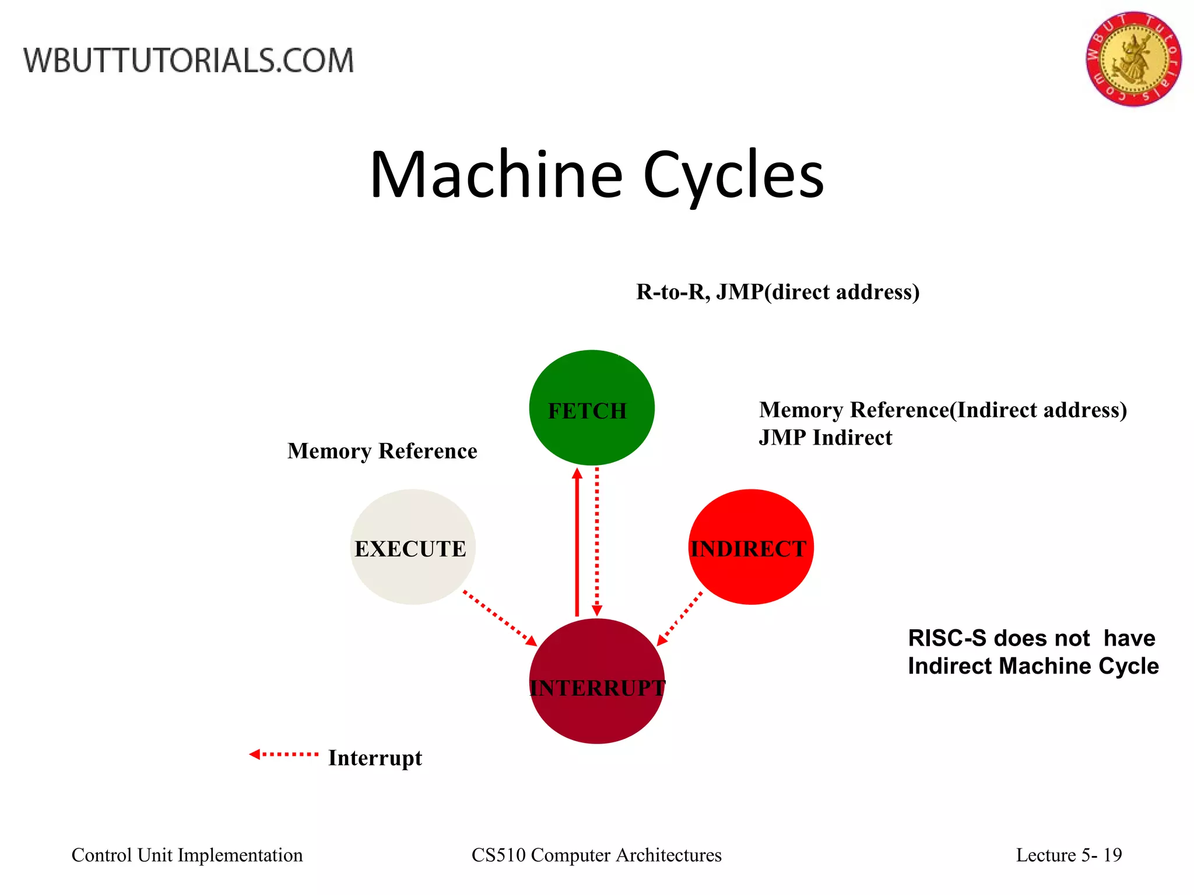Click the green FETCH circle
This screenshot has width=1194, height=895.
tap(591, 408)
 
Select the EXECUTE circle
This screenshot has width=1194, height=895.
tap(412, 547)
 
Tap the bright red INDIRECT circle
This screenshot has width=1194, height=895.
tap(750, 547)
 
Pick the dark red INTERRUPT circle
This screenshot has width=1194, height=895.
tap(596, 681)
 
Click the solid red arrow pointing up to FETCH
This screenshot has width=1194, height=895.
tap(577, 542)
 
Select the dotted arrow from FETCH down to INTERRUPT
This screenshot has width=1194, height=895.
tap(597, 542)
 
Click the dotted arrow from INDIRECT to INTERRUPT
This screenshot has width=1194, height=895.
tap(680, 619)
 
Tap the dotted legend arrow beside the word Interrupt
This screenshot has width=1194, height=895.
tap(284, 754)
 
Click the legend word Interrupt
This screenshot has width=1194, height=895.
tap(375, 758)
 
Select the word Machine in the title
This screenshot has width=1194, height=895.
tap(497, 175)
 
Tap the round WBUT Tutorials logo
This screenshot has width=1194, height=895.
tap(1133, 59)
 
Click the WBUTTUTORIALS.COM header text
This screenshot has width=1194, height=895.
tap(188, 61)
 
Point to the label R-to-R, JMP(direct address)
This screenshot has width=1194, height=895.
tap(777, 292)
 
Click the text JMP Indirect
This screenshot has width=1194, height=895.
tap(825, 438)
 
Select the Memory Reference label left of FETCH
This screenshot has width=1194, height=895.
tap(382, 451)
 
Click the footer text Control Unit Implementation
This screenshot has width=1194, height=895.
tap(187, 855)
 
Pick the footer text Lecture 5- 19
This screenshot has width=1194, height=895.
tap(1068, 855)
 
